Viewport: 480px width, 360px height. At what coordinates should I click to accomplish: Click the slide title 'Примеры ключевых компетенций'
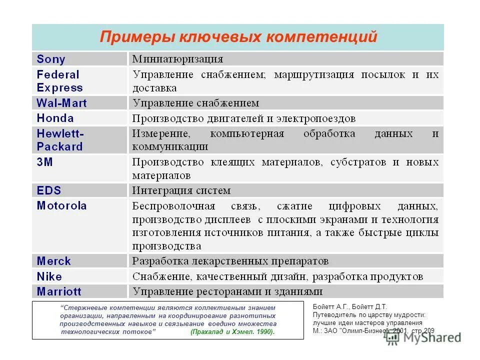click(238, 37)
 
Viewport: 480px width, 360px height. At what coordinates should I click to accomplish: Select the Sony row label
click(51, 59)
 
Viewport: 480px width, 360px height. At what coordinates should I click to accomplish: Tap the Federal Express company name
click(59, 81)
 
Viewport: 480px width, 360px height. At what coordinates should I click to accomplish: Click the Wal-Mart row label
click(61, 103)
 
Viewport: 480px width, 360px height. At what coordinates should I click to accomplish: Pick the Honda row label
click(55, 118)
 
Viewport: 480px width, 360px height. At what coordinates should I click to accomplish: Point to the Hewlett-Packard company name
click(60, 140)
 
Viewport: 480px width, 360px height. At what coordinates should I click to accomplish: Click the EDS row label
click(48, 190)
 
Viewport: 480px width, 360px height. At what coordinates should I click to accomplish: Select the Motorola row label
click(61, 205)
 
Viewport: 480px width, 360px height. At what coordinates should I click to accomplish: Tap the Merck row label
click(54, 261)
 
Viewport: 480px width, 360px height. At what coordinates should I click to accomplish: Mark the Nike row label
click(49, 276)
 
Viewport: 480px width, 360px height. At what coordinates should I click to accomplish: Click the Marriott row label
click(59, 291)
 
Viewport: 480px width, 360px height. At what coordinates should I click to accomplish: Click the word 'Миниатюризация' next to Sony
click(177, 59)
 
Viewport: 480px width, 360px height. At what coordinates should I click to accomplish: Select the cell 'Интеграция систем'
click(181, 190)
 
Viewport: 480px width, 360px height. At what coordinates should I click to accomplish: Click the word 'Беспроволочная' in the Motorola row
click(173, 206)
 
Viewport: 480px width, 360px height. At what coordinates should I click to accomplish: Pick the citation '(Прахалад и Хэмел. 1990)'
click(232, 332)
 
